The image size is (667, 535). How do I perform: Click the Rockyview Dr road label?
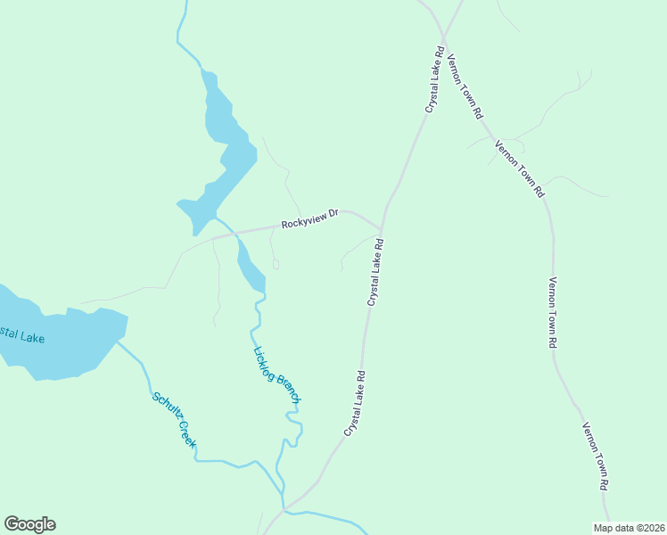click(x=310, y=218)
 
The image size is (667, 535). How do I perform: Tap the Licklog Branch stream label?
click(x=276, y=375)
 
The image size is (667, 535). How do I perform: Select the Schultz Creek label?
click(x=174, y=420)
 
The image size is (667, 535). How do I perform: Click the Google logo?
click(x=29, y=524)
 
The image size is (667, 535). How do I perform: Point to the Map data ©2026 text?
click(x=629, y=528)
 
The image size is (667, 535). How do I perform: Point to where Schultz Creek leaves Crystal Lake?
click(x=119, y=341)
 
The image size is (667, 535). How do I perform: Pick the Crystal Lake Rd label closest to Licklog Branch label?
click(x=357, y=403)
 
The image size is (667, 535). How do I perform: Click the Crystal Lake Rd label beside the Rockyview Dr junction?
click(x=375, y=272)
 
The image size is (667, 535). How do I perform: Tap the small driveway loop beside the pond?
click(x=276, y=264)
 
